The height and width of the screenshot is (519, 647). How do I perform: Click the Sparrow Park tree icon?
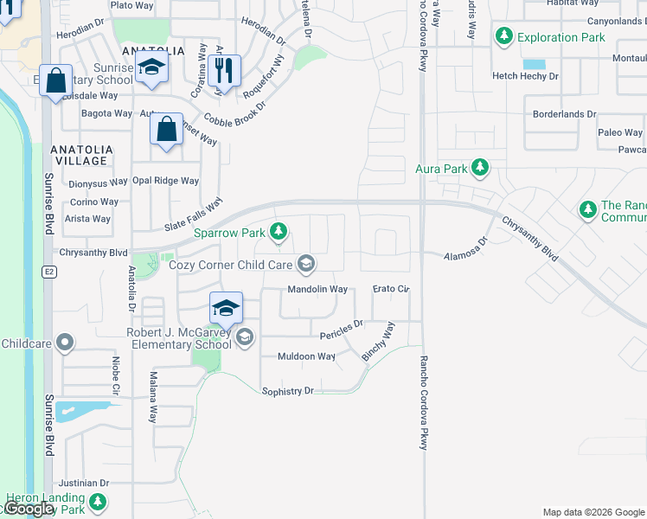click(x=279, y=231)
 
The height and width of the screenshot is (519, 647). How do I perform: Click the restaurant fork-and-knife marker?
click(x=224, y=70)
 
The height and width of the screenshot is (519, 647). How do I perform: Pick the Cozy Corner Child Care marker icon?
click(x=305, y=263)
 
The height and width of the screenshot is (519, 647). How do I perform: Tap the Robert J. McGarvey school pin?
click(x=225, y=308)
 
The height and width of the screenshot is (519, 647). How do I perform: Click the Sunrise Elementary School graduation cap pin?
click(x=151, y=70)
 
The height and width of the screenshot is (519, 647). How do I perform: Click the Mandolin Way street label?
click(x=317, y=289)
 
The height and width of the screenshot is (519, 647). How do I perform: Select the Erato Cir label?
click(x=390, y=289)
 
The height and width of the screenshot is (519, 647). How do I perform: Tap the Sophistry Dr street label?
click(x=287, y=391)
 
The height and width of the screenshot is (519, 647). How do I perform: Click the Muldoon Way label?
click(x=305, y=356)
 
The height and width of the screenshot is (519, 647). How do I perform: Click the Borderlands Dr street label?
click(x=565, y=113)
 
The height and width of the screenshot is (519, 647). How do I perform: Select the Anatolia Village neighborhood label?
click(x=82, y=155)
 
